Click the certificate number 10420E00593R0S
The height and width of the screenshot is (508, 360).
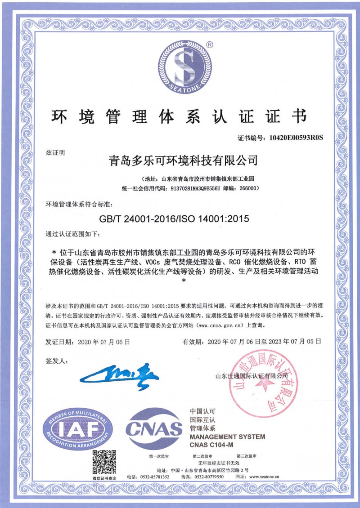pyautogui.click(x=296, y=137)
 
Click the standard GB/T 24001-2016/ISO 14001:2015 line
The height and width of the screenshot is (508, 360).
pyautogui.click(x=174, y=218)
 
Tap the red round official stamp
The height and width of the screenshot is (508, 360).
pyautogui.click(x=265, y=377)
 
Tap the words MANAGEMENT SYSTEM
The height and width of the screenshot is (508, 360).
pyautogui.click(x=227, y=437)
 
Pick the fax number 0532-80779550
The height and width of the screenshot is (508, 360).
pyautogui.click(x=208, y=477)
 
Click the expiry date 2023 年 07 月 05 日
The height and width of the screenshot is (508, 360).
pyautogui.click(x=296, y=342)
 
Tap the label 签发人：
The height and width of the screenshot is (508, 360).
pyautogui.click(x=56, y=361)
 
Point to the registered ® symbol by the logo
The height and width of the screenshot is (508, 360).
pyautogui.click(x=210, y=45)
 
